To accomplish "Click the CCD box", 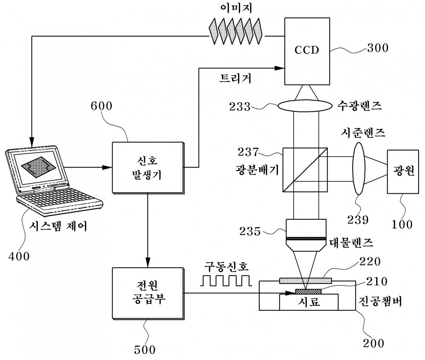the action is pyautogui.click(x=307, y=51).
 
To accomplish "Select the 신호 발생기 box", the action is pyautogui.click(x=148, y=167).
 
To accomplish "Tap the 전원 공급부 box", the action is pyautogui.click(x=148, y=293).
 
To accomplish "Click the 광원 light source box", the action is pyautogui.click(x=403, y=172).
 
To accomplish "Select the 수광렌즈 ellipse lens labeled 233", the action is pyautogui.click(x=305, y=106).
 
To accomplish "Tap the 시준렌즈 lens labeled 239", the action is pyautogui.click(x=359, y=168).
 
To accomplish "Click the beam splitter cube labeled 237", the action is pyautogui.click(x=305, y=170).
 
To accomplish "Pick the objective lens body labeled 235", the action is pyautogui.click(x=306, y=235).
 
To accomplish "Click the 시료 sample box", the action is pyautogui.click(x=309, y=302).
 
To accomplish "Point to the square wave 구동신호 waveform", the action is pyautogui.click(x=226, y=281).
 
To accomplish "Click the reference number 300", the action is pyautogui.click(x=378, y=48).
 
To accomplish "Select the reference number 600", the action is pyautogui.click(x=102, y=106).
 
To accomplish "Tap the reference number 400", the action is pyautogui.click(x=19, y=256).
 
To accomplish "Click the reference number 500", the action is pyautogui.click(x=145, y=350).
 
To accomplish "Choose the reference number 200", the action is pyautogui.click(x=374, y=343).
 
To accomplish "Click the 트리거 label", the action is pyautogui.click(x=235, y=78).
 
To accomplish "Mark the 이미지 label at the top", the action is pyautogui.click(x=236, y=8).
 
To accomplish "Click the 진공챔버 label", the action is pyautogui.click(x=380, y=301).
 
